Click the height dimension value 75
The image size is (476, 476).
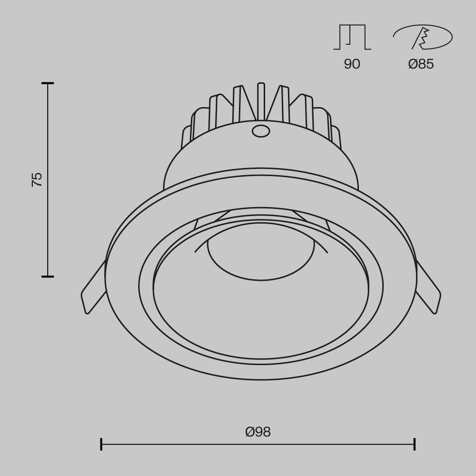pyautogui.click(x=37, y=179)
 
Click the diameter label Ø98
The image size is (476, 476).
pyautogui.click(x=258, y=432)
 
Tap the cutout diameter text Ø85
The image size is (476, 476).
pyautogui.click(x=421, y=64)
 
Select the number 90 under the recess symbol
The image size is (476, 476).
pyautogui.click(x=352, y=64)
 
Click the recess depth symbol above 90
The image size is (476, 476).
pyautogui.click(x=352, y=37)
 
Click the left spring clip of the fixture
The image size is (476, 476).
pyautogui.click(x=93, y=291)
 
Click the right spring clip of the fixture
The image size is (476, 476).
pyautogui.click(x=428, y=291)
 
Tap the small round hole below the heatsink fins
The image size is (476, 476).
pyautogui.click(x=260, y=130)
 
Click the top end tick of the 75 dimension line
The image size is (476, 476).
pyautogui.click(x=47, y=83)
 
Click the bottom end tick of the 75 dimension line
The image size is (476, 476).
pyautogui.click(x=47, y=276)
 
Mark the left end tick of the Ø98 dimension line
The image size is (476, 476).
pyautogui.click(x=101, y=444)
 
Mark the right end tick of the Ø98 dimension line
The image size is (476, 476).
pyautogui.click(x=415, y=444)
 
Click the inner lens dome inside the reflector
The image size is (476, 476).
pyautogui.click(x=260, y=257)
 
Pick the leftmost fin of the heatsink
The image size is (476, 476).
pyautogui.click(x=186, y=136)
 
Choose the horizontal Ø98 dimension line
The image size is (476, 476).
pyautogui.click(x=190, y=444)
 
